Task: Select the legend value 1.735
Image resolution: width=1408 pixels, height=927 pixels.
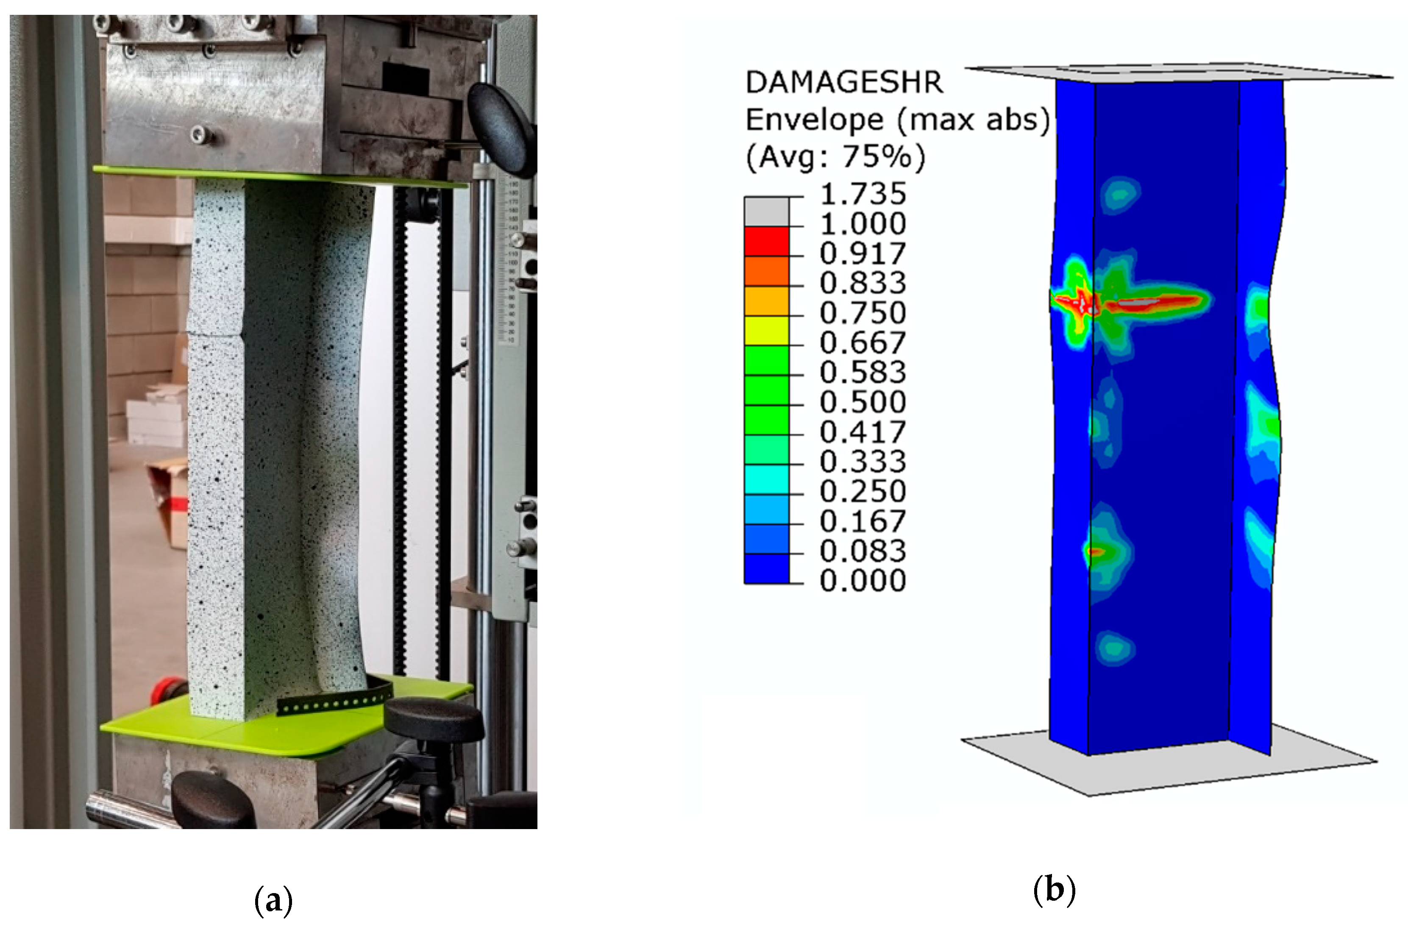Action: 863,193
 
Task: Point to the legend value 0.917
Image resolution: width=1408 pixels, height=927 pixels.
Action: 863,253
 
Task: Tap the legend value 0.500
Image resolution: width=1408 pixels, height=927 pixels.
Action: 863,402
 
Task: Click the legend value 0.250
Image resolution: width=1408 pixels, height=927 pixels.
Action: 863,491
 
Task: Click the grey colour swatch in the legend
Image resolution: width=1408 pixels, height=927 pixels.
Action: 767,211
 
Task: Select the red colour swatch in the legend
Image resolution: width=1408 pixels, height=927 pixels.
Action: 767,241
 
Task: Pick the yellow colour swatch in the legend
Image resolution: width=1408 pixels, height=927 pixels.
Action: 767,331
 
